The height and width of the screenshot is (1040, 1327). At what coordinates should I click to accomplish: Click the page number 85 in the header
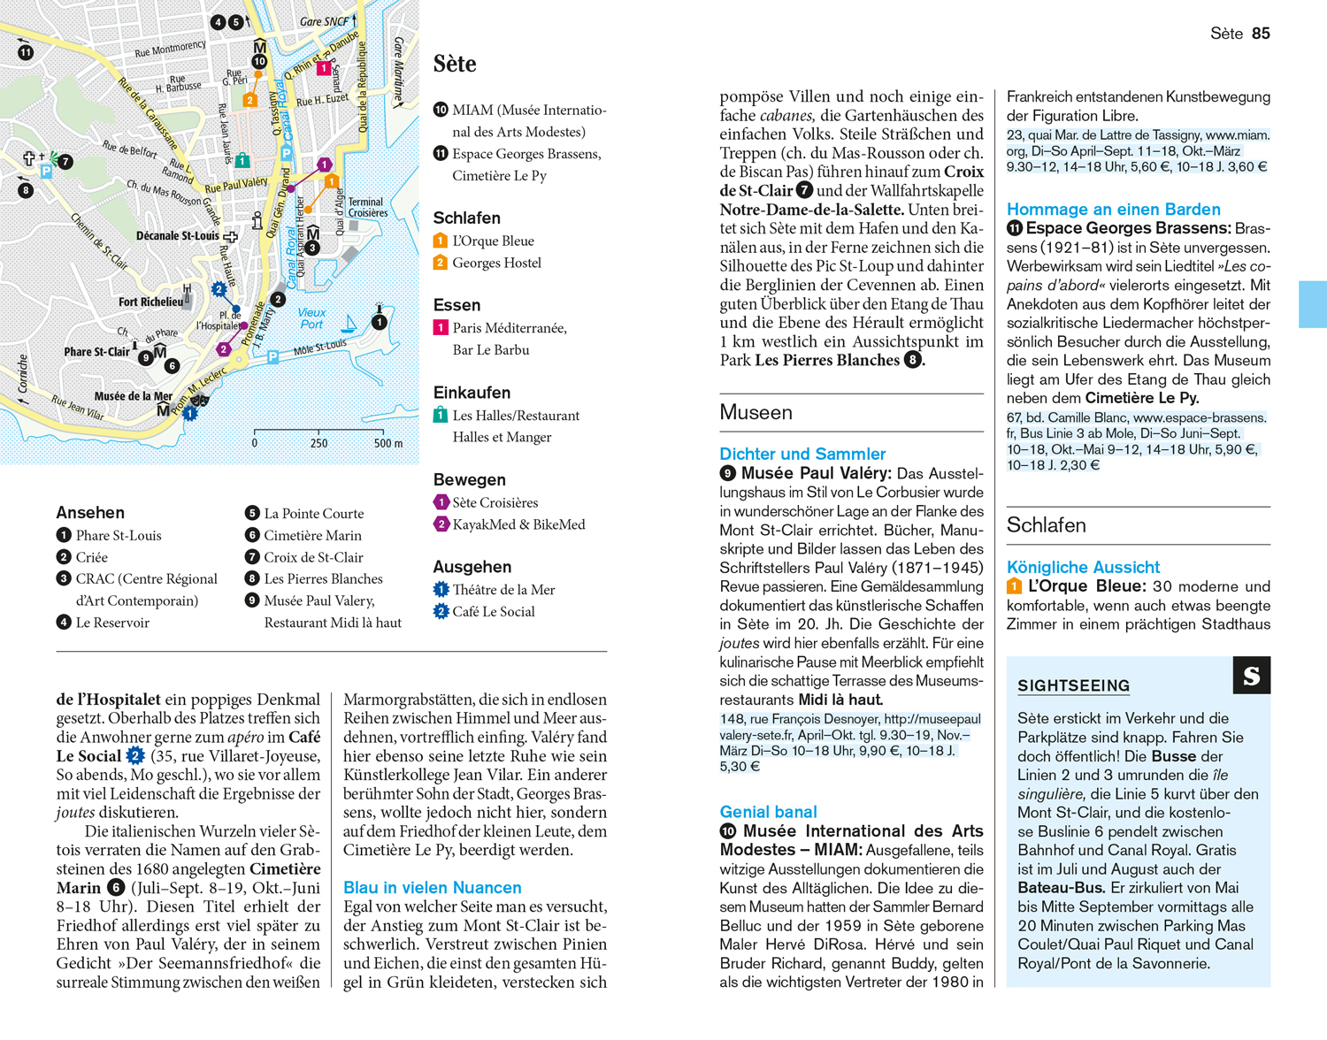tap(1261, 34)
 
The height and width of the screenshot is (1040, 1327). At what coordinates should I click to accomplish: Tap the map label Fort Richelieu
tap(150, 302)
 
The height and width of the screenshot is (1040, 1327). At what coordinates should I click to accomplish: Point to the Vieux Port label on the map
tap(311, 318)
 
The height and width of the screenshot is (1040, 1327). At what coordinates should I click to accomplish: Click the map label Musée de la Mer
tap(134, 396)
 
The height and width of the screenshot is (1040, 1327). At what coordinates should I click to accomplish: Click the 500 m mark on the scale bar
tap(387, 443)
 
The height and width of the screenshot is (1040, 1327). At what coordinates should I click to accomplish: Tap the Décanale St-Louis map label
tap(177, 236)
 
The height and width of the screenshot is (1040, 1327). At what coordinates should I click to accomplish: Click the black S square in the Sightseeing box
tap(1251, 676)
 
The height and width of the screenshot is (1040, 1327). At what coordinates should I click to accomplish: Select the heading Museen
tap(756, 413)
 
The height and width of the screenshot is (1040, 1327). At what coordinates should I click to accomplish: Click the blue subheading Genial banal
tap(768, 812)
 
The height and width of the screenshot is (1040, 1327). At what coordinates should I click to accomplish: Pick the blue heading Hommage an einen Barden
tap(1113, 210)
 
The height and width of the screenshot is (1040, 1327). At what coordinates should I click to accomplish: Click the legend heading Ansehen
tap(90, 513)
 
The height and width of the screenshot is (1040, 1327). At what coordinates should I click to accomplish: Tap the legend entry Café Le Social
tap(493, 612)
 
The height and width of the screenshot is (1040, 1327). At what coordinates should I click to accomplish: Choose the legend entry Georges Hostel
tap(496, 263)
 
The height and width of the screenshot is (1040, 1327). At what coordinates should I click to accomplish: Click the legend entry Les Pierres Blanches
tap(323, 579)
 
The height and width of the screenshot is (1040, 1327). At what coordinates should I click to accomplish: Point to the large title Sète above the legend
tap(455, 64)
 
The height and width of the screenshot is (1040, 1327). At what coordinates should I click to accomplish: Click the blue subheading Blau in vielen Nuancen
tap(432, 888)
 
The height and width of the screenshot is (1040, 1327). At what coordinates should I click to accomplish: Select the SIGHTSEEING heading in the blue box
tap(1073, 686)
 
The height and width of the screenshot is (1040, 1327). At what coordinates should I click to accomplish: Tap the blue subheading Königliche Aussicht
tap(1083, 568)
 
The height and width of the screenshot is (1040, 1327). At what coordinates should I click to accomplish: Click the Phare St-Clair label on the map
tap(96, 352)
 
